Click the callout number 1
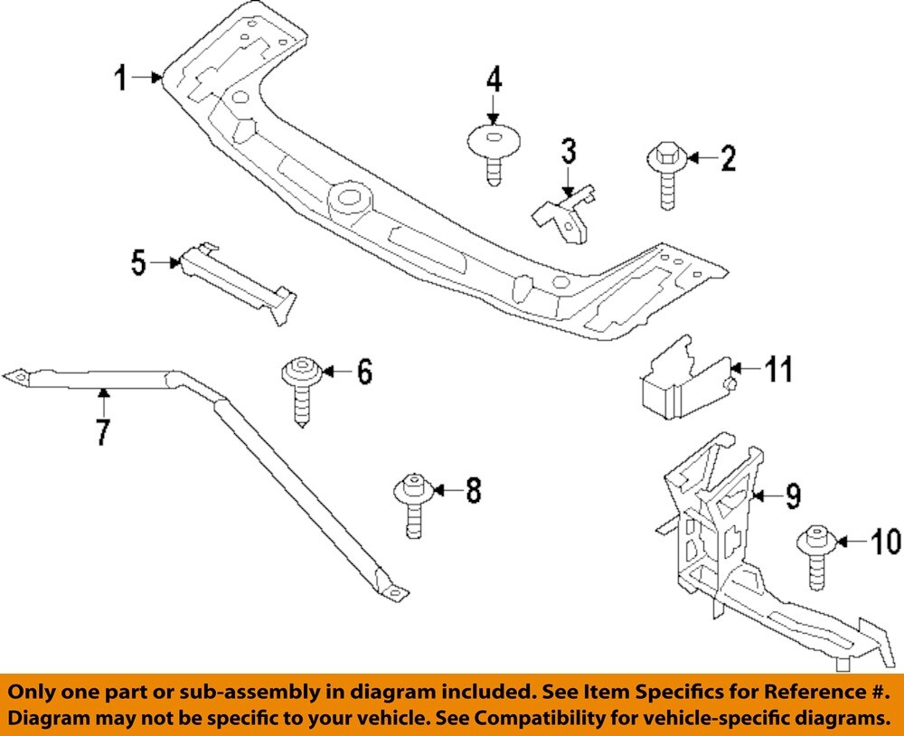pyautogui.click(x=120, y=79)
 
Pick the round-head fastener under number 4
pyautogui.click(x=494, y=153)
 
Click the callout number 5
pyautogui.click(x=138, y=263)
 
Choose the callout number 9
pyautogui.click(x=792, y=495)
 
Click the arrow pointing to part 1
pyautogui.click(x=146, y=79)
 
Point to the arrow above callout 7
pyautogui.click(x=103, y=397)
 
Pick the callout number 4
pyautogui.click(x=494, y=80)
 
